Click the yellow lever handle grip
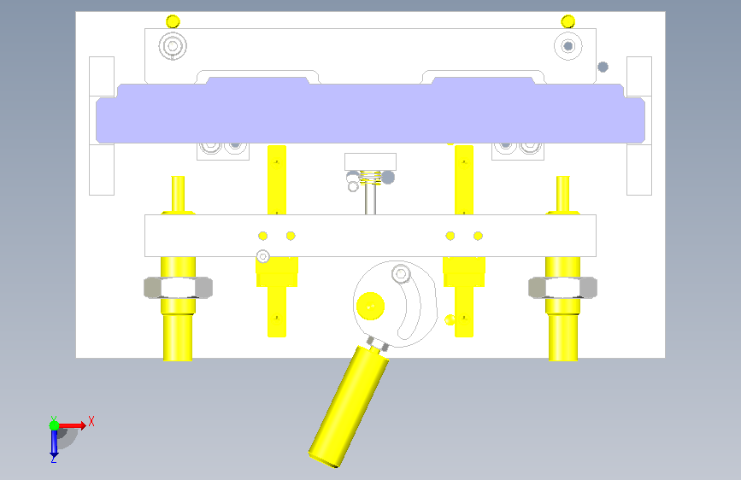pos(349,407)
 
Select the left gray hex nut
pos(178,287)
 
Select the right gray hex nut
pos(562,287)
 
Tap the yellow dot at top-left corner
pos(173,21)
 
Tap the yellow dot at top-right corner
pos(568,21)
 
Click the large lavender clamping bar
pos(371,114)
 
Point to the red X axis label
pos(91,421)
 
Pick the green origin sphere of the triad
pos(55,425)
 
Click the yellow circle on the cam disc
pos(371,306)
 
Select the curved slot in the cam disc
pos(410,305)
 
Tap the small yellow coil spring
pos(371,177)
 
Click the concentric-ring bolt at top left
pos(173,46)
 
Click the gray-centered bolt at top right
pos(568,46)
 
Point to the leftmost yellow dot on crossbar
pos(262,236)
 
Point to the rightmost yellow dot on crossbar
pos(478,236)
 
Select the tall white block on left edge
pos(102,126)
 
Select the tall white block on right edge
pos(639,126)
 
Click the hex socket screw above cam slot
pos(401,273)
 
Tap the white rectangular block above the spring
pos(371,161)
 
